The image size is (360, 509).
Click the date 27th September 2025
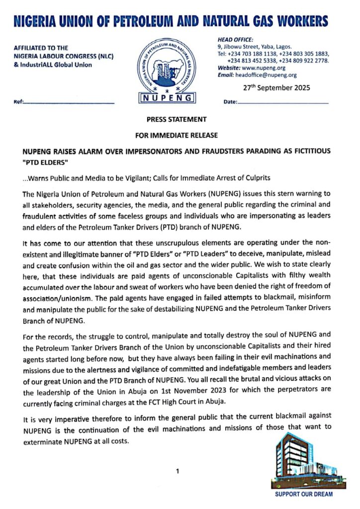click(x=276, y=88)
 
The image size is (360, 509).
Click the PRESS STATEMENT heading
click(x=177, y=120)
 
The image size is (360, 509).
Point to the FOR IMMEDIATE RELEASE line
click(x=177, y=135)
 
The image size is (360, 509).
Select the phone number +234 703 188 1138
click(x=249, y=54)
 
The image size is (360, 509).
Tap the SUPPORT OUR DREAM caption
click(x=304, y=495)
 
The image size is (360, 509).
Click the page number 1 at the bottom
click(x=178, y=471)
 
